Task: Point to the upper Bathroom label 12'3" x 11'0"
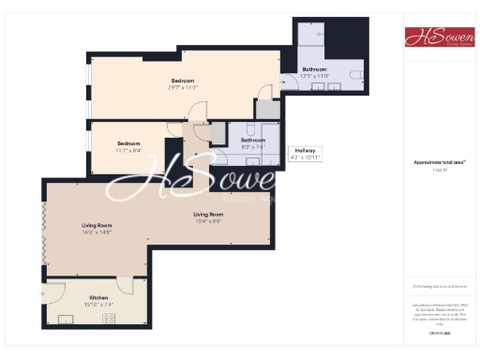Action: pyautogui.click(x=314, y=73)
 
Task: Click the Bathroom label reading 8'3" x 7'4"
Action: pyautogui.click(x=253, y=142)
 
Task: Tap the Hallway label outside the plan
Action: pyautogui.click(x=308, y=153)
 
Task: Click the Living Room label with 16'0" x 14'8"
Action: pyautogui.click(x=97, y=228)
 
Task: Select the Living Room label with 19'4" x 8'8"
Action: pyautogui.click(x=208, y=217)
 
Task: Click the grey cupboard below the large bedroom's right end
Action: pyautogui.click(x=268, y=109)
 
